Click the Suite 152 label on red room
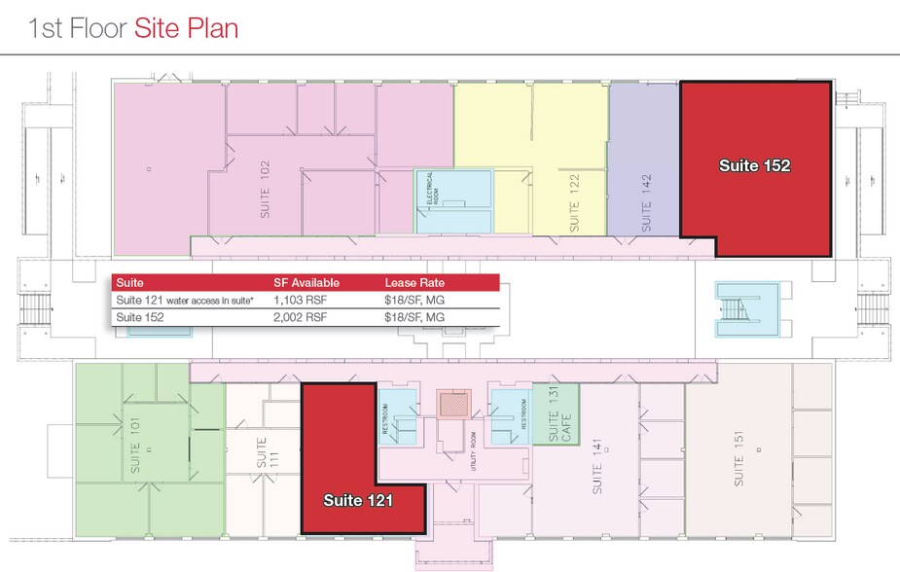point(754,166)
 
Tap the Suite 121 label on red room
point(358,501)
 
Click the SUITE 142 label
point(645,202)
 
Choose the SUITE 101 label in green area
point(135,445)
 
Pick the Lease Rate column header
point(416,283)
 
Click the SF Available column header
point(306,283)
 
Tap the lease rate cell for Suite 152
point(414,317)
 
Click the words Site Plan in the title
point(186,27)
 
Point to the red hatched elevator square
point(451,404)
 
